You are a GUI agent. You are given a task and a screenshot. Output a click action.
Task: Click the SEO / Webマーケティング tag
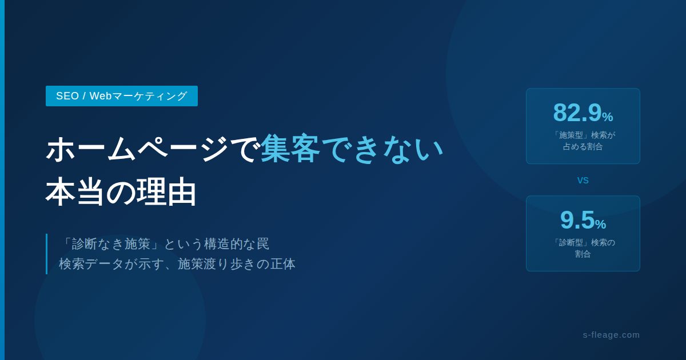tap(122, 96)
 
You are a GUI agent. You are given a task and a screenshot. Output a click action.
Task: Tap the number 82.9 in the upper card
tap(577, 113)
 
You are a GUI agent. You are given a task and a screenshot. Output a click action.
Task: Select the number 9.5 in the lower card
tap(577, 220)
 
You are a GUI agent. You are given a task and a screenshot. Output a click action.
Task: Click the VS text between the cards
tap(583, 181)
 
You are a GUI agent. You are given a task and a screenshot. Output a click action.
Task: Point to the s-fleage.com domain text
tap(611, 335)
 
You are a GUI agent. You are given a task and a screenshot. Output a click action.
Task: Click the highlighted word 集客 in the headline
tap(290, 149)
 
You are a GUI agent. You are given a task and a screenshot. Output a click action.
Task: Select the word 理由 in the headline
tap(166, 191)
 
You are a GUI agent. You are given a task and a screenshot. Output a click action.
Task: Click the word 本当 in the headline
tap(74, 191)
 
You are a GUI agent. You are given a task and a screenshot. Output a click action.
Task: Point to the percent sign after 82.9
tap(607, 117)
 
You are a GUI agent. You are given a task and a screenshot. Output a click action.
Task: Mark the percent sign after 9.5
tap(600, 224)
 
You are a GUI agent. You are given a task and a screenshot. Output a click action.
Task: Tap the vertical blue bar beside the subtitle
tap(46, 254)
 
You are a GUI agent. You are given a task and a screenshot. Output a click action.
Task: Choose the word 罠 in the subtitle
tap(263, 244)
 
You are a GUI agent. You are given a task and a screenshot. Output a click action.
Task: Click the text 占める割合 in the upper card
tap(583, 146)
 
